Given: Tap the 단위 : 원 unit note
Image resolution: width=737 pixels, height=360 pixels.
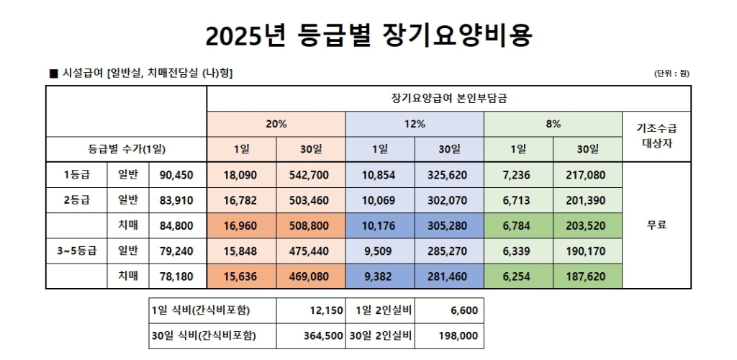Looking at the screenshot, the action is (672, 73).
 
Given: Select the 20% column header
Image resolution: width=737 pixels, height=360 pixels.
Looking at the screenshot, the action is (276, 124).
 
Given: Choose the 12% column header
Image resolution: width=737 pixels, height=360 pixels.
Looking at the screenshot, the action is (415, 124).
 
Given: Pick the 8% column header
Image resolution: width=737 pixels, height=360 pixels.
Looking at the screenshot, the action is (553, 124).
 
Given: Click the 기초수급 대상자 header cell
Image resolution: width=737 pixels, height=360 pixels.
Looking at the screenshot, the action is (656, 136).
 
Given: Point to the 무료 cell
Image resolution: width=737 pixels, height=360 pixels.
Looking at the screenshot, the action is (656, 225).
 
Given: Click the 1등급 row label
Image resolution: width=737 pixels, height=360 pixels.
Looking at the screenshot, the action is (76, 175).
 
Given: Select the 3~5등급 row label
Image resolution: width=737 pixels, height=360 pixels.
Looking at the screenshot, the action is (76, 251).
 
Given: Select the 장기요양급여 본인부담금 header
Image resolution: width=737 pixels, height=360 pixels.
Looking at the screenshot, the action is (449, 99).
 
